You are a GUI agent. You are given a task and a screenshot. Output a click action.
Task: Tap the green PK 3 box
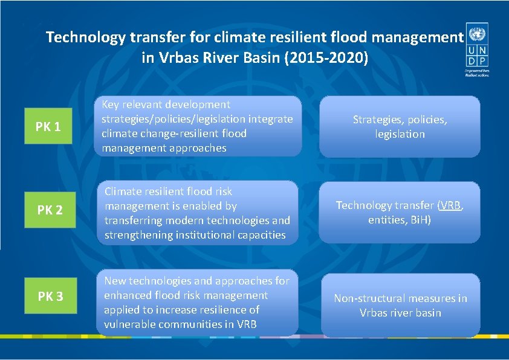pos(51,296)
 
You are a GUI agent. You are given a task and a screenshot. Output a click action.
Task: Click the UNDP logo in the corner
pos(477,48)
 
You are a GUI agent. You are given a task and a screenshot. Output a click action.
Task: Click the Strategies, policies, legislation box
pos(400,127)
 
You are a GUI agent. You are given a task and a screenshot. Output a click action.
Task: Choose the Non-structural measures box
pos(400,305)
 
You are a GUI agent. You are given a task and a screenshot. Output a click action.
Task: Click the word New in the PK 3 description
pos(115,281)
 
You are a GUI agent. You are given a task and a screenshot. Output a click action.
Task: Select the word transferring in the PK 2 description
pos(135,220)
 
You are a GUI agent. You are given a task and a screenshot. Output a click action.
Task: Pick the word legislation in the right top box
pos(400,134)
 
